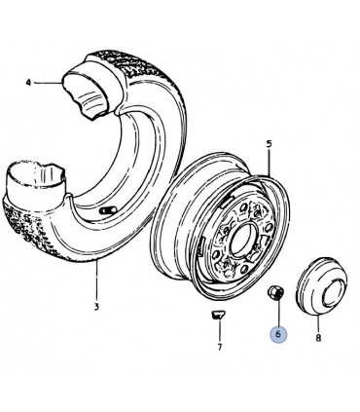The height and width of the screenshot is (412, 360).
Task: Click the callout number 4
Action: click(28, 83)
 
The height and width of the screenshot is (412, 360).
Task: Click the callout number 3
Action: click(96, 306)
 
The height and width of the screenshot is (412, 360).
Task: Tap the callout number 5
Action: click(269, 143)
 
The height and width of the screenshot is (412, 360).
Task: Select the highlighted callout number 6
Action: click(279, 334)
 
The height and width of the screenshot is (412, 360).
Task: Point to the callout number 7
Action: click(220, 347)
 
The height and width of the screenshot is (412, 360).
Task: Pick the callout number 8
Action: click(318, 338)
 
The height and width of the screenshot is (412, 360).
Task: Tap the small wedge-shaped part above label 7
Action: click(217, 315)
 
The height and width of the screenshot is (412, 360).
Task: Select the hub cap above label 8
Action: click(321, 286)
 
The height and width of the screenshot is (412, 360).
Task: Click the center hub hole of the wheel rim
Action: click(241, 240)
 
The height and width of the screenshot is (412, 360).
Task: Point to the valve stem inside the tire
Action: click(108, 210)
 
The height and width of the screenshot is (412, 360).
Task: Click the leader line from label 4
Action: click(48, 83)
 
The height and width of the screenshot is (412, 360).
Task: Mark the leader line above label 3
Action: click(96, 280)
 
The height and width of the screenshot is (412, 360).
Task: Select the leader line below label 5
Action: click(270, 162)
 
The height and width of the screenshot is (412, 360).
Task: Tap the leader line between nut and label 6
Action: click(278, 312)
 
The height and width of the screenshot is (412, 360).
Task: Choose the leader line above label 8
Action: click(318, 323)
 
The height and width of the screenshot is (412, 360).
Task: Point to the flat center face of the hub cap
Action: click(334, 292)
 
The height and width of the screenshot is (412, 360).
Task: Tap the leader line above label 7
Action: click(219, 330)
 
